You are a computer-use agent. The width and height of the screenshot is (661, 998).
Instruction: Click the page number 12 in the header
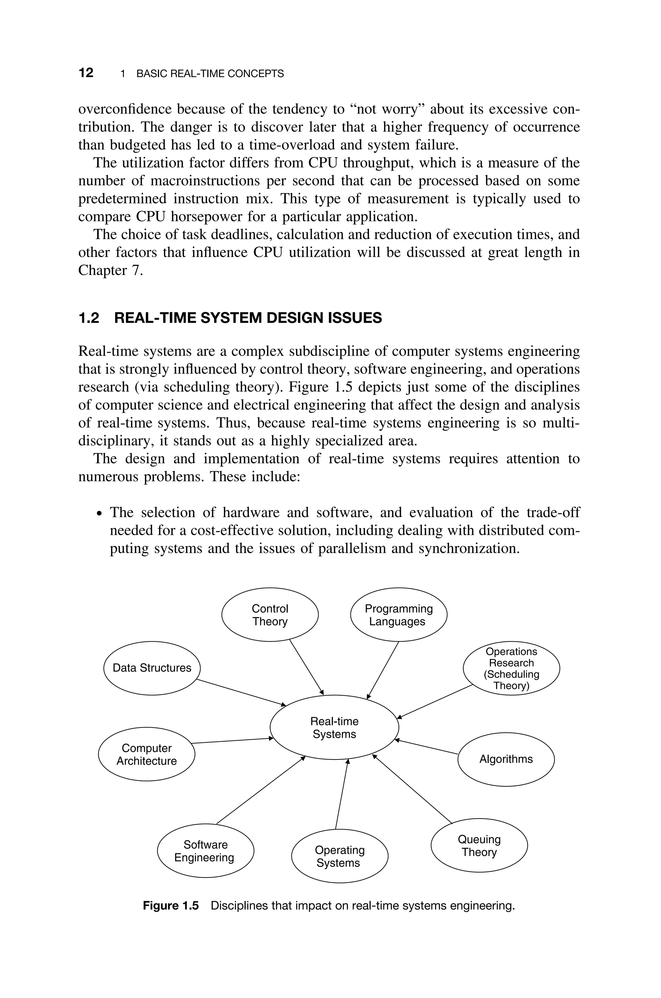[86, 73]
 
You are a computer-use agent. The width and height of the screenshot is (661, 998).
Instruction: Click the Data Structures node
[152, 668]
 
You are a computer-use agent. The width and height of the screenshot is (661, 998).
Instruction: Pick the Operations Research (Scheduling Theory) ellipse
[511, 668]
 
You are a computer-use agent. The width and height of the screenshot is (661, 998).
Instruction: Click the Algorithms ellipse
[506, 759]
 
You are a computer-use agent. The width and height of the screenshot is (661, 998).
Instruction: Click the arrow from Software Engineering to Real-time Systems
[260, 790]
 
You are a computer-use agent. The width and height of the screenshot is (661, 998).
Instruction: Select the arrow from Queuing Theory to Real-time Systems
[412, 789]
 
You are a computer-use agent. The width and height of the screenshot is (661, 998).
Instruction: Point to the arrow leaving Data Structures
[241, 692]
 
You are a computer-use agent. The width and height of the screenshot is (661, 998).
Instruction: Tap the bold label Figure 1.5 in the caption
[171, 906]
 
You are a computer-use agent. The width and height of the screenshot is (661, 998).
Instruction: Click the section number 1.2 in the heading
[89, 318]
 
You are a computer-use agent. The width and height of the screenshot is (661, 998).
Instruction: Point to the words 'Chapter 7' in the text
[110, 270]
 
